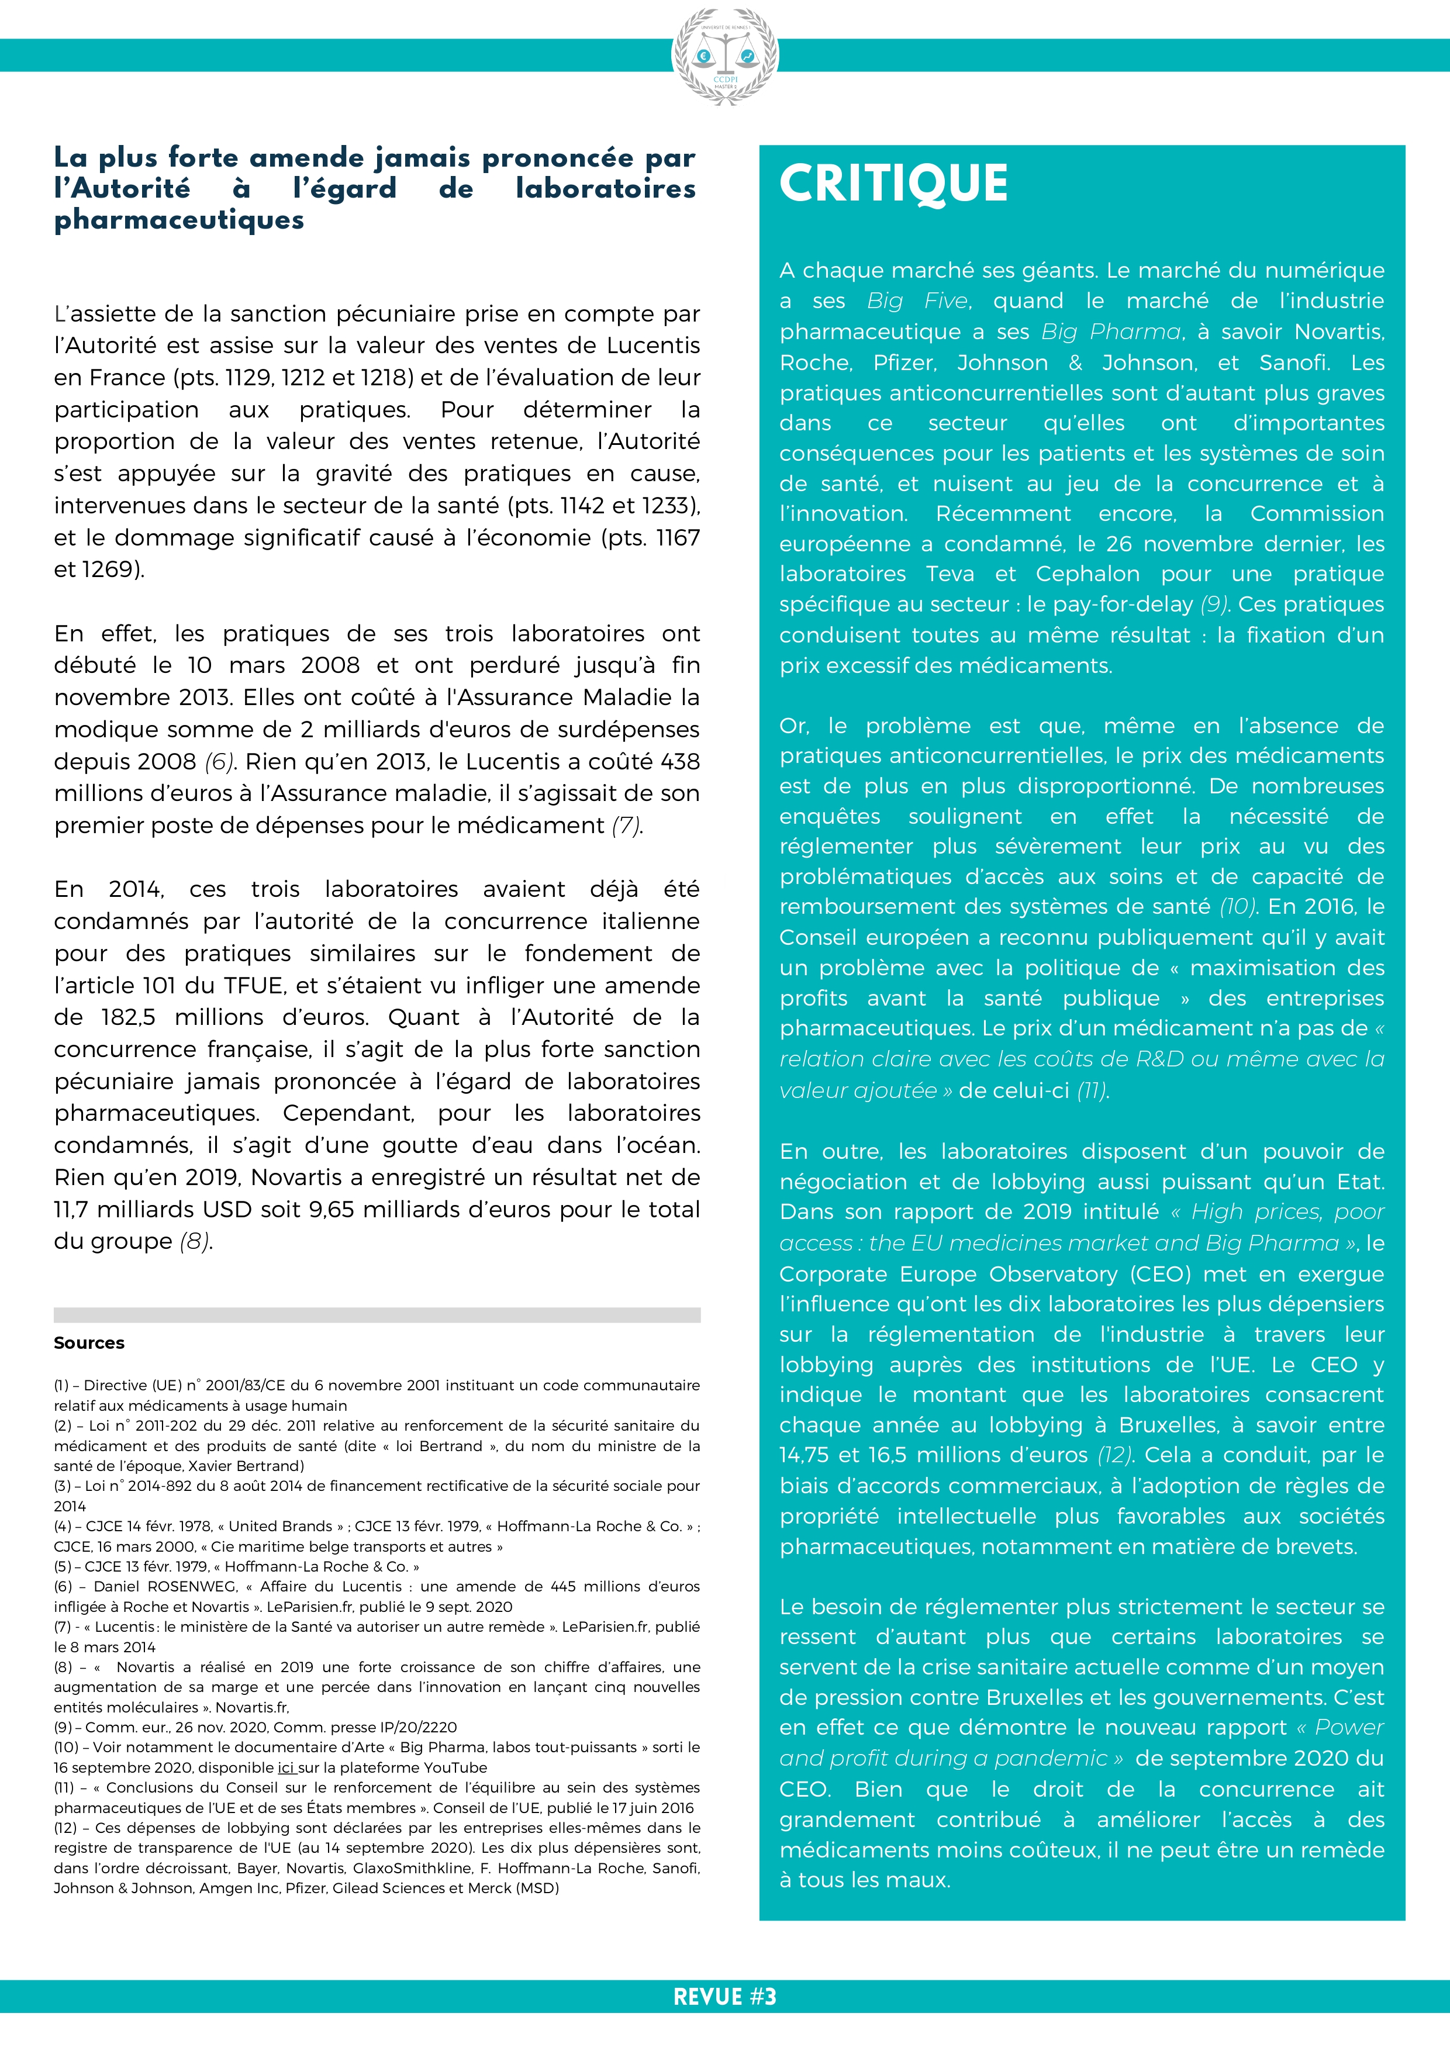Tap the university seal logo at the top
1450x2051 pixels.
tap(724, 56)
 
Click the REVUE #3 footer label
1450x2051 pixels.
tap(724, 1997)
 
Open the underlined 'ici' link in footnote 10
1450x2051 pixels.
tap(286, 1767)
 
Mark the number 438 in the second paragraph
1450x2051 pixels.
tap(679, 761)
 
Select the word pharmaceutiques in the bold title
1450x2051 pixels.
tap(179, 220)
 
